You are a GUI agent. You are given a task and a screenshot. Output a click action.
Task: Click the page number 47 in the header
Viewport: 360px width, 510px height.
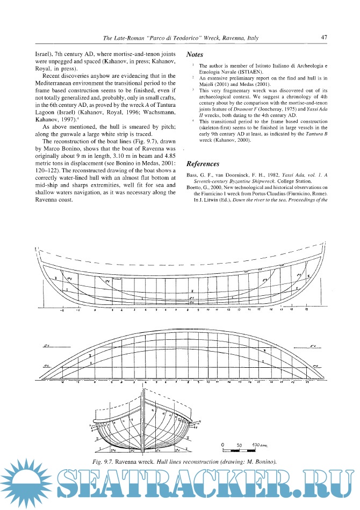coord(324,38)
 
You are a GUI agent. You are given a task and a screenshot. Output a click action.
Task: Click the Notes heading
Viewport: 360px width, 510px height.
coord(195,55)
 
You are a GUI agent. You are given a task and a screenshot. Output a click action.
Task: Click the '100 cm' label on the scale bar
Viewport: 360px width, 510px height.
coord(260,446)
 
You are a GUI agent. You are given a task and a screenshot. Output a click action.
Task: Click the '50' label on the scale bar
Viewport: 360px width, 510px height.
coord(241,446)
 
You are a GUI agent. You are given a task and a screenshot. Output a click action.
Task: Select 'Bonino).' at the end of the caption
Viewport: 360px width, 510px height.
coord(264,462)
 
